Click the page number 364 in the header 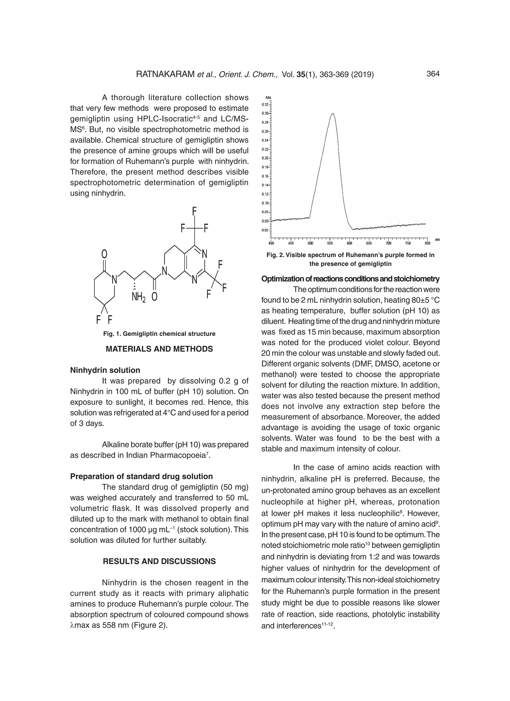[433, 74]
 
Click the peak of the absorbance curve [333, 114]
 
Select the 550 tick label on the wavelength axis [330, 243]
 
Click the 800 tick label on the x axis [427, 243]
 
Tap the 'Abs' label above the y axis [268, 98]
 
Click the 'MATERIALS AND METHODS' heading [159, 349]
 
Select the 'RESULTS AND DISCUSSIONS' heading [159, 561]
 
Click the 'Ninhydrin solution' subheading [105, 370]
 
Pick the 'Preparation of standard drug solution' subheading [141, 476]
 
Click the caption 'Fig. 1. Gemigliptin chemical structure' [159, 334]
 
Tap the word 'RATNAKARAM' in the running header [165, 74]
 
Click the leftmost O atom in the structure [105, 254]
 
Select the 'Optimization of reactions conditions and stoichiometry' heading [350, 279]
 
